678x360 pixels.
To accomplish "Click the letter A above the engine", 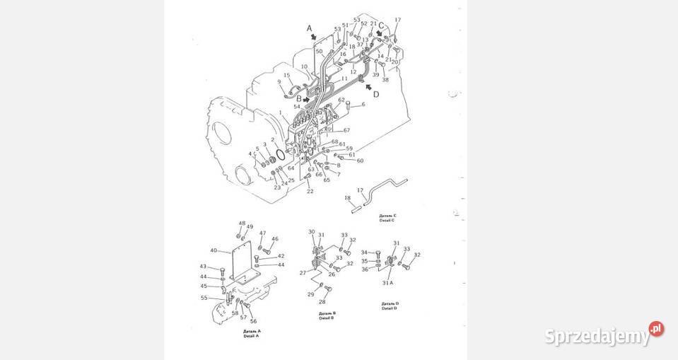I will tap(309, 28).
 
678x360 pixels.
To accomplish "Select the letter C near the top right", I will tap(381, 25).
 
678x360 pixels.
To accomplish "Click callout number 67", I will tap(346, 131).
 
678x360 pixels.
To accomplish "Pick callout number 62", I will tap(341, 100).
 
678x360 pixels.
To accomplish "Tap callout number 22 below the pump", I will tap(310, 191).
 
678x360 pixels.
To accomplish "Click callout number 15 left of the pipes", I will tap(287, 76).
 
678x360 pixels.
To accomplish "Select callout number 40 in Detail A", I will tap(213, 250).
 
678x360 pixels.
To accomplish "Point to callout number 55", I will tap(204, 298).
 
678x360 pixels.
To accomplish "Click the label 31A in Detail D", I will tap(387, 284).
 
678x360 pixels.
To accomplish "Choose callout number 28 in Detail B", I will tap(322, 302).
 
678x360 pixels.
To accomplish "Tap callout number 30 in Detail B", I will tap(311, 232).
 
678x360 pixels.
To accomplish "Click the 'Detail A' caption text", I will tap(252, 333).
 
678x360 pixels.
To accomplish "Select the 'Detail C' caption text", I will tap(388, 218).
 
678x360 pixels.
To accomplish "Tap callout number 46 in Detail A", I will tap(274, 239).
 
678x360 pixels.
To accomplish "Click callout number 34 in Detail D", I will tap(364, 252).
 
